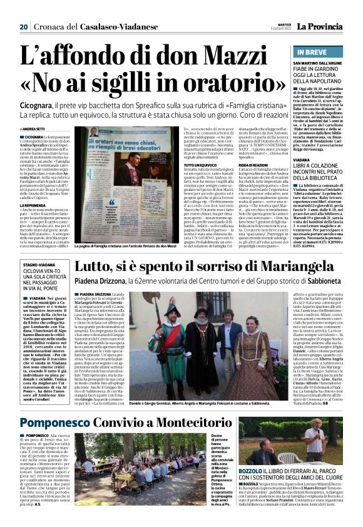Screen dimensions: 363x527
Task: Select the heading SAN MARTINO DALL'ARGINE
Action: (x=320, y=64)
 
